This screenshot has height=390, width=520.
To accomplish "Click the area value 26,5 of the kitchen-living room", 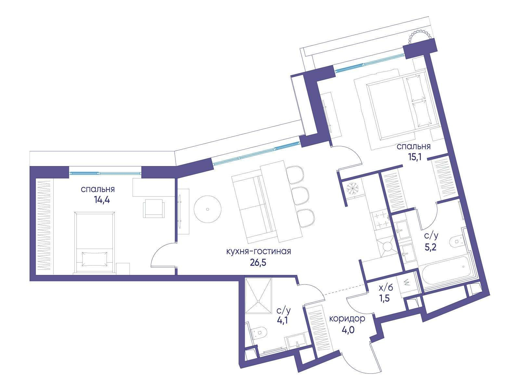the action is (258, 263).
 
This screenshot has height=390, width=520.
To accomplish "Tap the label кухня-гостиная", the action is (258, 251).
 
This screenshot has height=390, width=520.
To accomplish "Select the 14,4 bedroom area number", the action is (102, 200).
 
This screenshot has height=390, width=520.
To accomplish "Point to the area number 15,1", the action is (415, 158).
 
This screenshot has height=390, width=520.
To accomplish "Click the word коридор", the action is (347, 319).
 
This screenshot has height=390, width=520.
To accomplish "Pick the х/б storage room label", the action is (386, 288).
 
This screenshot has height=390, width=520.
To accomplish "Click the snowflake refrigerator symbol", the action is (353, 189).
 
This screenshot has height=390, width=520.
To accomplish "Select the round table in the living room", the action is (208, 209).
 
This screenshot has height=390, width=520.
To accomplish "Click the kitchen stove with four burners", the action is (381, 220).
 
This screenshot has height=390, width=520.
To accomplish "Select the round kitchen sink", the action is (388, 246).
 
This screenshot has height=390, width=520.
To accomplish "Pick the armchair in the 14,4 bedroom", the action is (154, 209).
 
